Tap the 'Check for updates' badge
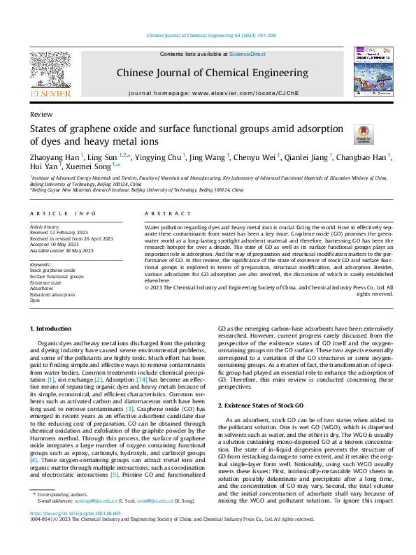click(x=364, y=135)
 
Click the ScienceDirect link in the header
click(x=248, y=54)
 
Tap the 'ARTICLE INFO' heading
click(x=63, y=213)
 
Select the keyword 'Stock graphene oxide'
click(x=52, y=269)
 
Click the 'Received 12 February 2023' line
click(x=59, y=233)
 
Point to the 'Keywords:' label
click(x=41, y=264)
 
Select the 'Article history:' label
click(x=45, y=227)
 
